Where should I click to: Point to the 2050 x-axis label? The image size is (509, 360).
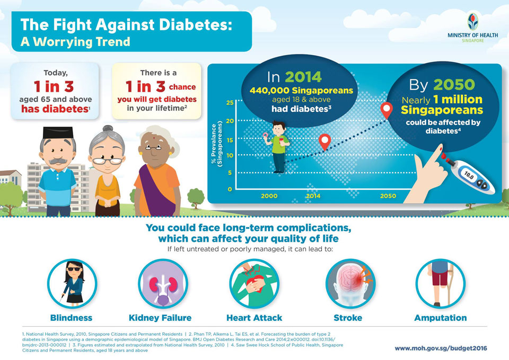coord(388,196)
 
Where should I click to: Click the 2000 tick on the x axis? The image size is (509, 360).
coord(269,196)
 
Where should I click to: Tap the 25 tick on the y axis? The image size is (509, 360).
coord(230,102)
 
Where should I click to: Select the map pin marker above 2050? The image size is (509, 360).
coord(388,110)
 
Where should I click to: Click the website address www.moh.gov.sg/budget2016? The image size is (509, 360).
coord(441,348)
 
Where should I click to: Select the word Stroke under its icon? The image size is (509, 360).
coord(348,318)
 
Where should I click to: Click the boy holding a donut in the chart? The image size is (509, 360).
coord(278,146)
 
